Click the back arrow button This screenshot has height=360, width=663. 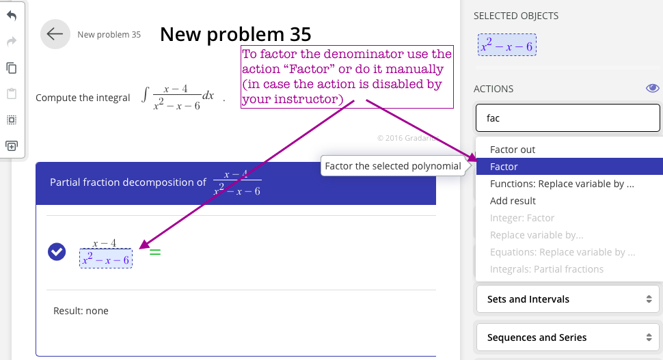pos(55,34)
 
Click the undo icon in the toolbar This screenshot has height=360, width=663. pos(12,16)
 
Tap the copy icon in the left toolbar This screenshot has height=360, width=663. pos(12,68)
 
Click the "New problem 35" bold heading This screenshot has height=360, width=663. pos(235,34)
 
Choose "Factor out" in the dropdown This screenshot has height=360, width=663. pos(513,150)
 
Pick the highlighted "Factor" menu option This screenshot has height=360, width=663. pos(504,167)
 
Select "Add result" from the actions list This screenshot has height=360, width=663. pos(513,201)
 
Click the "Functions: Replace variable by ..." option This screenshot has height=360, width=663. pos(562,184)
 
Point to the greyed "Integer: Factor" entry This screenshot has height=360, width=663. pos(522,218)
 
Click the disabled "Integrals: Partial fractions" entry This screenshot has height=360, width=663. pos(546,269)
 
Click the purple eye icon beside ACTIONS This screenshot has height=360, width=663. pos(652,88)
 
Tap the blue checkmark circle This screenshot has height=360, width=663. pos(57,252)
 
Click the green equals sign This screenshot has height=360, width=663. pos(155,252)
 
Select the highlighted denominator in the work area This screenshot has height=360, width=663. pos(106,259)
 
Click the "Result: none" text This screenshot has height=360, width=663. pos(81,311)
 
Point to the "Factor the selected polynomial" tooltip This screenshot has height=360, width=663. pos(392,166)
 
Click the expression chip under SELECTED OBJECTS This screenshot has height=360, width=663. pos(507,45)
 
